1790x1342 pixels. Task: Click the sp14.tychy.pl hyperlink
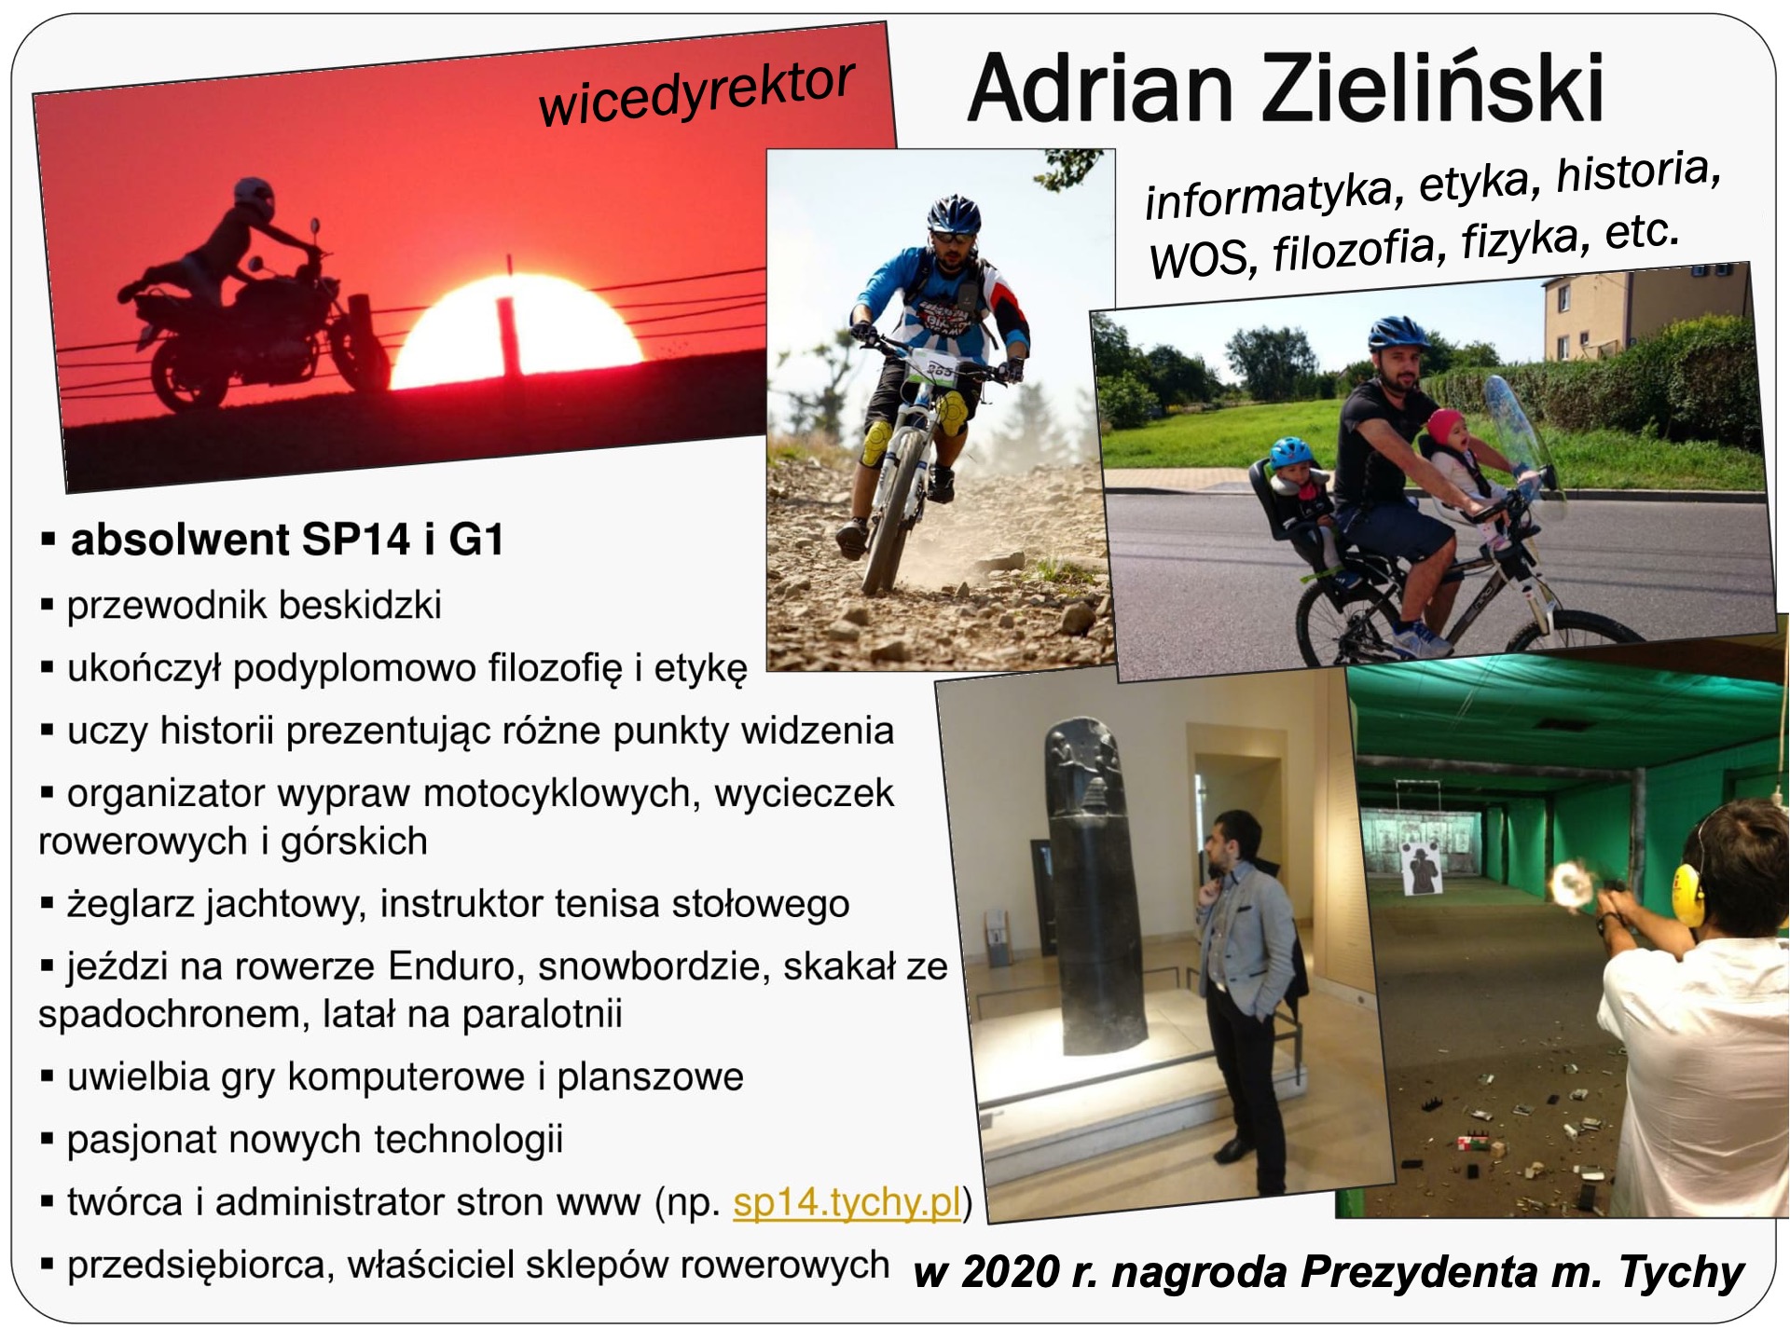pyautogui.click(x=847, y=1202)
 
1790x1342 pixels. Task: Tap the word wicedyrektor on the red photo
pyautogui.click(x=696, y=93)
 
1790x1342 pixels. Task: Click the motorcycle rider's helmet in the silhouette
pyautogui.click(x=254, y=199)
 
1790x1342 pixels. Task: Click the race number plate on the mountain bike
pyautogui.click(x=937, y=367)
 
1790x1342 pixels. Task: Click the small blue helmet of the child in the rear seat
pyautogui.click(x=1291, y=452)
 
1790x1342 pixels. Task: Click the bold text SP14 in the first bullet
pyautogui.click(x=355, y=540)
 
